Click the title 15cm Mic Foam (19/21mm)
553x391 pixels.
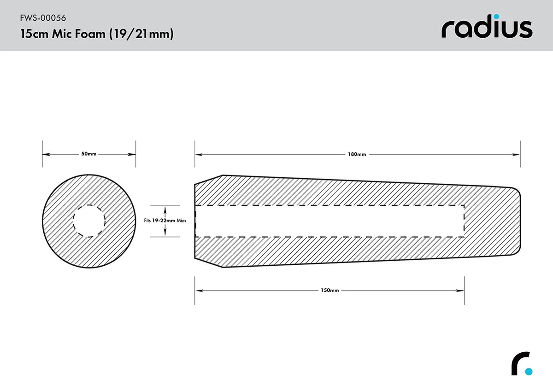[x=97, y=34]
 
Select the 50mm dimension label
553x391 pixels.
[x=89, y=154]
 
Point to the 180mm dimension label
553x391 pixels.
[x=357, y=154]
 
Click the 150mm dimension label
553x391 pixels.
[x=329, y=291]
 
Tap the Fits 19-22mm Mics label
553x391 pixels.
[x=165, y=221]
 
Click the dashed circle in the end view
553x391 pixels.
[x=89, y=221]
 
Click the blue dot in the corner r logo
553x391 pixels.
[x=529, y=371]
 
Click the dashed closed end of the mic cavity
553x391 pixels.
[x=464, y=221]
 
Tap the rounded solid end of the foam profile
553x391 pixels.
[x=520, y=221]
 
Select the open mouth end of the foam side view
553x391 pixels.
[x=195, y=221]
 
